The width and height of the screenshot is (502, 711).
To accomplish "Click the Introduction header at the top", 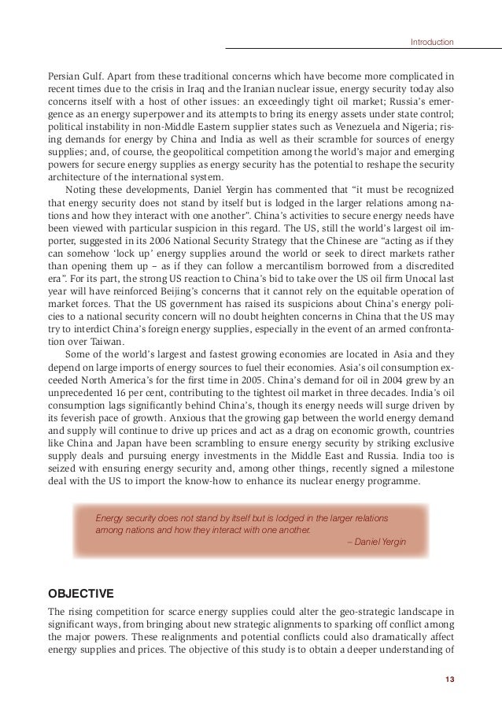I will coord(433,41).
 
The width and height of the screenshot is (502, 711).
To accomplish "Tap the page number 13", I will coord(449,680).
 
